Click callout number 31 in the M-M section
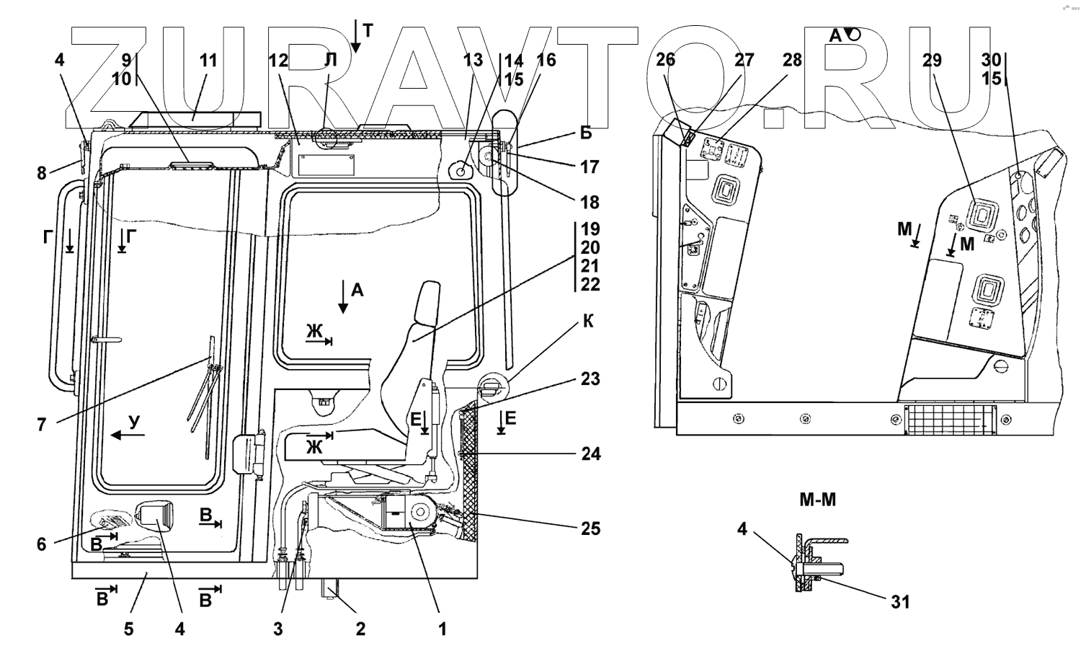[x=900, y=602]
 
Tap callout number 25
[x=590, y=528]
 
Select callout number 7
[x=42, y=425]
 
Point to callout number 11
[x=208, y=61]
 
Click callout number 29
[x=932, y=61]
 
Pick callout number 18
[x=590, y=203]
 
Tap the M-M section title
[x=817, y=500]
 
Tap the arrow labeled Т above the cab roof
[x=356, y=36]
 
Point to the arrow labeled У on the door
[x=128, y=435]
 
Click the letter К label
[x=588, y=321]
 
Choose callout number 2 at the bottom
[x=360, y=629]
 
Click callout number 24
[x=590, y=454]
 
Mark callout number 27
[x=744, y=61]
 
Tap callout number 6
[x=42, y=544]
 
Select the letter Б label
[x=586, y=133]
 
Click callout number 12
[x=278, y=61]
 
